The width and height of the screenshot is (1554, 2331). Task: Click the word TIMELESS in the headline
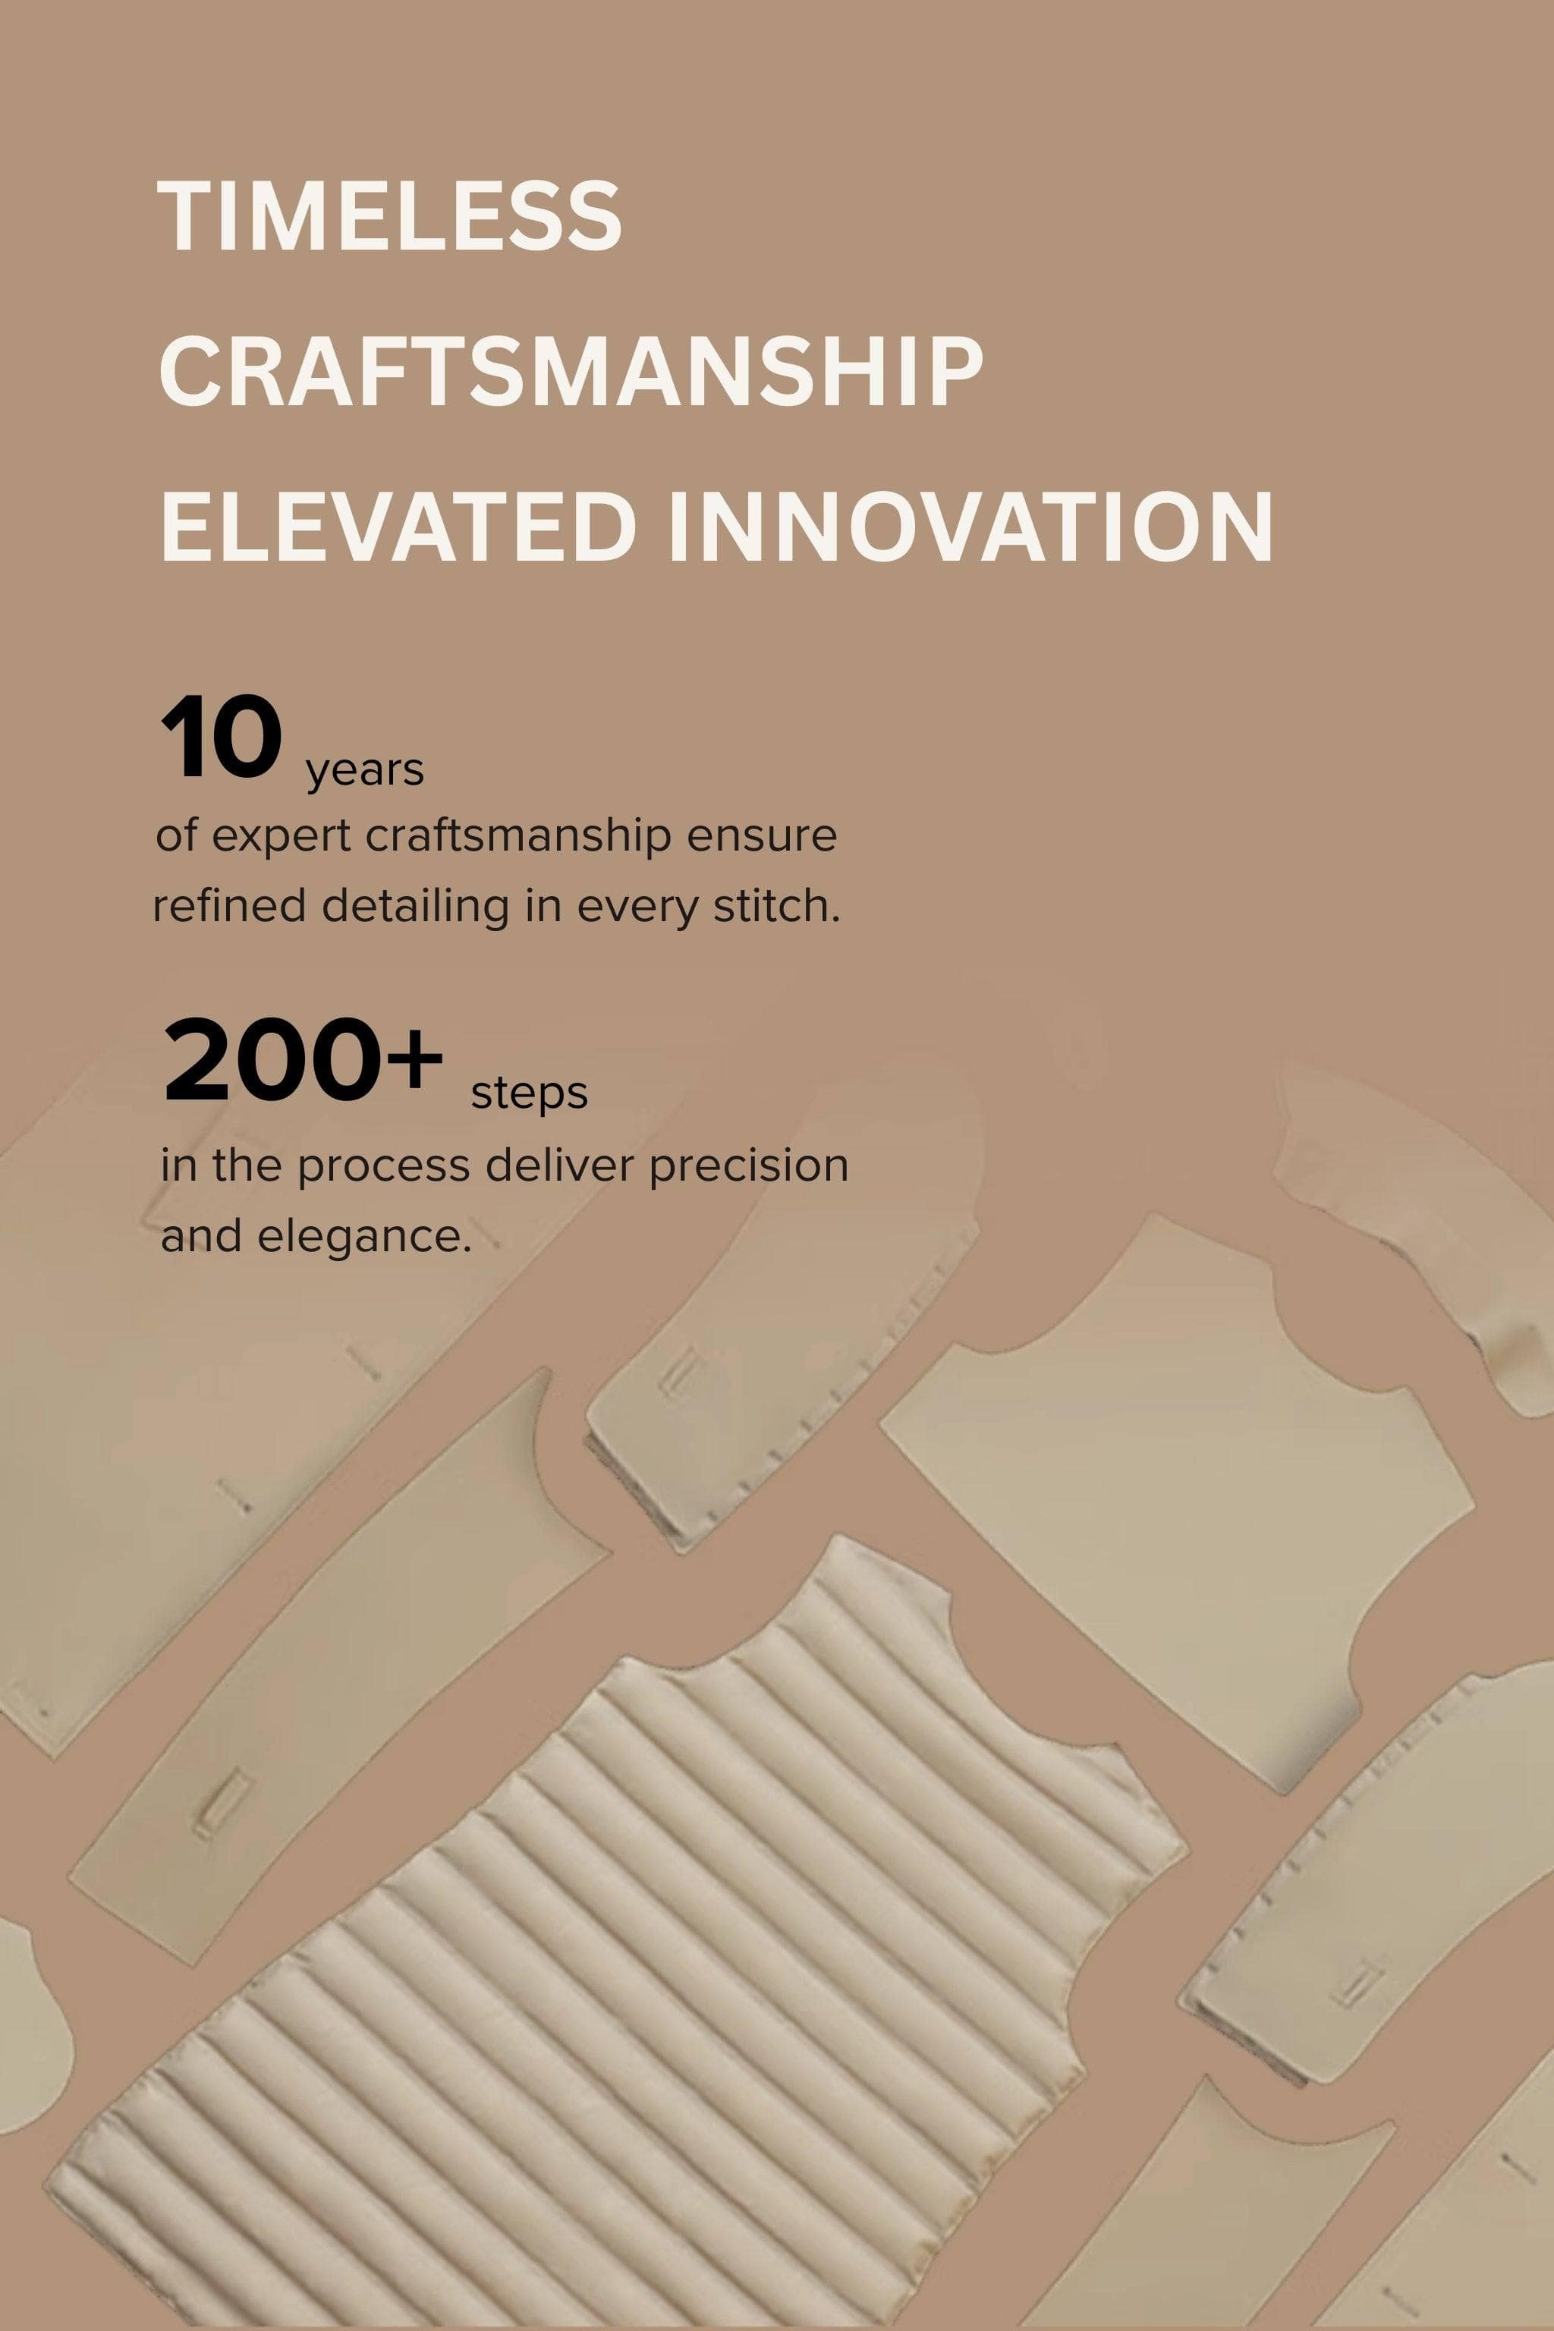pyautogui.click(x=389, y=216)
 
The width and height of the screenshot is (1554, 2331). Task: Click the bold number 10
pyautogui.click(x=221, y=739)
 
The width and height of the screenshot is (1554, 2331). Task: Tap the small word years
pyautogui.click(x=366, y=771)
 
